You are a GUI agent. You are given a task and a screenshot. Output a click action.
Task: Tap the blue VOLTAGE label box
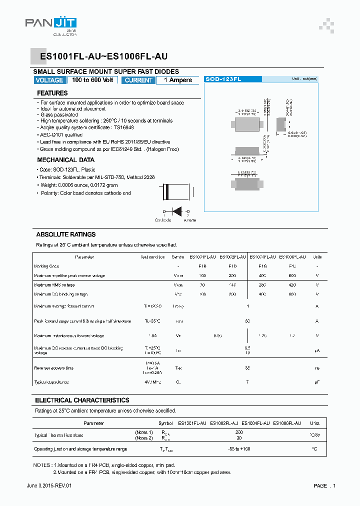pyautogui.click(x=49, y=80)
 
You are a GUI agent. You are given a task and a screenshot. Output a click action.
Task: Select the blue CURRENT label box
pyautogui.click(x=138, y=80)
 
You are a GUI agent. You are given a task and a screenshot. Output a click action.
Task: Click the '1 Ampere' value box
pyautogui.click(x=177, y=80)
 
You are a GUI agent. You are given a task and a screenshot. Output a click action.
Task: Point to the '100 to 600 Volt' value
pyautogui.click(x=92, y=80)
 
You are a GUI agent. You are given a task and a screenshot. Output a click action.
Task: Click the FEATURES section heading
pyautogui.click(x=52, y=93)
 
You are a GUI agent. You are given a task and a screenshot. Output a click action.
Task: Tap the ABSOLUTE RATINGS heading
pyautogui.click(x=65, y=234)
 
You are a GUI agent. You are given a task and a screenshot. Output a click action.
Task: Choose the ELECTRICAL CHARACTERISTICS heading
pyautogui.click(x=82, y=400)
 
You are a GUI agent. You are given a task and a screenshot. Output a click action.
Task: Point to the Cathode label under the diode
pyautogui.click(x=163, y=220)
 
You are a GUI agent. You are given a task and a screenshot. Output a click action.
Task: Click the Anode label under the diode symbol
pyautogui.click(x=190, y=220)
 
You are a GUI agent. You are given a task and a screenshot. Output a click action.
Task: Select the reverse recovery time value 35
pyautogui.click(x=247, y=368)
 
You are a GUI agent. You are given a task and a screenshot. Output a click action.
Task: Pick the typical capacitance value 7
pyautogui.click(x=247, y=382)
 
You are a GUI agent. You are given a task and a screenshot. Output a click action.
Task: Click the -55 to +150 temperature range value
pyautogui.click(x=238, y=449)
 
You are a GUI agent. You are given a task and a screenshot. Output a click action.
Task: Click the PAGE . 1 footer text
pyautogui.click(x=324, y=485)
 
